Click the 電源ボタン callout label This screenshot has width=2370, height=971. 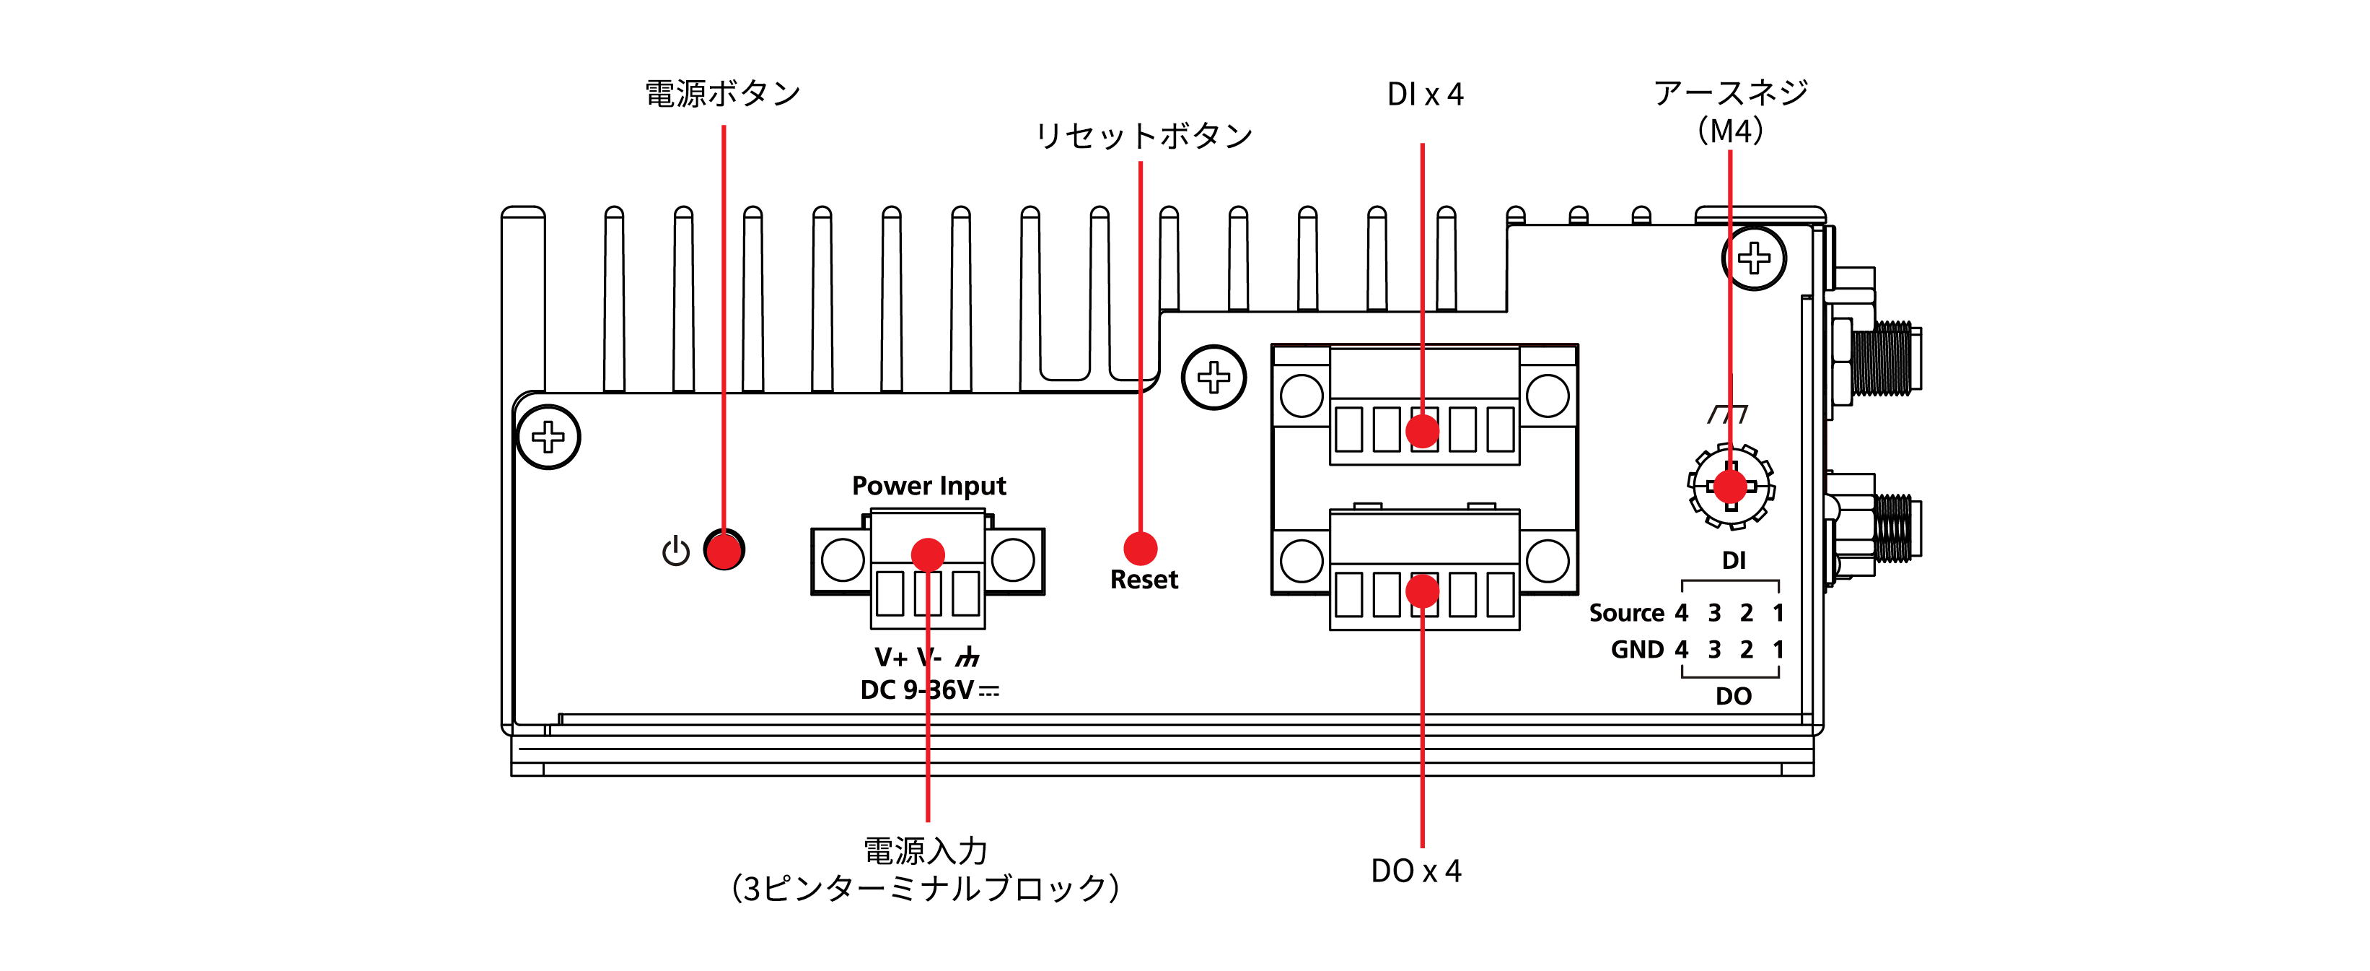[x=722, y=94]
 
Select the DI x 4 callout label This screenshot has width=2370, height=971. [x=1424, y=95]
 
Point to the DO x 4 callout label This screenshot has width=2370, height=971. [x=1416, y=871]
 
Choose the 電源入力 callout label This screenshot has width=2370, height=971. [x=926, y=850]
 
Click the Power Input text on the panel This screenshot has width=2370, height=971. [x=929, y=485]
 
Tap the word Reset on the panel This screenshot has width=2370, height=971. [x=1144, y=580]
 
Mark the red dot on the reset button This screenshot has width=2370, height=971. [x=1140, y=549]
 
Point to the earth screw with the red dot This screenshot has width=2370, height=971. [x=1731, y=486]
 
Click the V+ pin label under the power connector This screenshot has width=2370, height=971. [x=890, y=657]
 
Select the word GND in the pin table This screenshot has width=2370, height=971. [x=1637, y=650]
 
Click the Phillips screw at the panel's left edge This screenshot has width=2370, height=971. [x=548, y=437]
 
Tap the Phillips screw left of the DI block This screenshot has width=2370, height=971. [x=1213, y=378]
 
